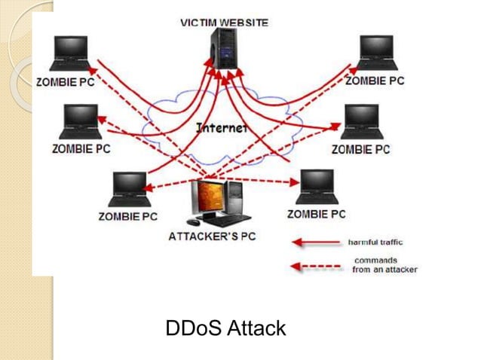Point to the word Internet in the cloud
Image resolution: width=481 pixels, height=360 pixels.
pos(222,128)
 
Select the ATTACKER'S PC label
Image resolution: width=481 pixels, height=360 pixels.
pos(212,236)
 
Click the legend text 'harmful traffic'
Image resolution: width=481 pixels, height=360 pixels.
pos(375,243)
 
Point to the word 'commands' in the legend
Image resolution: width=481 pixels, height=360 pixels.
pos(374,261)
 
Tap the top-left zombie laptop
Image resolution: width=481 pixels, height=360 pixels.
pos(69,54)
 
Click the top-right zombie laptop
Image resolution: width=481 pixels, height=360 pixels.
pos(378,53)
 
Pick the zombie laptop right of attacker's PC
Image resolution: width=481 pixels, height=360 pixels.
pos(317,187)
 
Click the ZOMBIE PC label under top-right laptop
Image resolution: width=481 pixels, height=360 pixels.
pos(375,80)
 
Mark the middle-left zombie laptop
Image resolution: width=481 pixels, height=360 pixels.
pos(80,122)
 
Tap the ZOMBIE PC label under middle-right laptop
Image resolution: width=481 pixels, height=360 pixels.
pos(360,149)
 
